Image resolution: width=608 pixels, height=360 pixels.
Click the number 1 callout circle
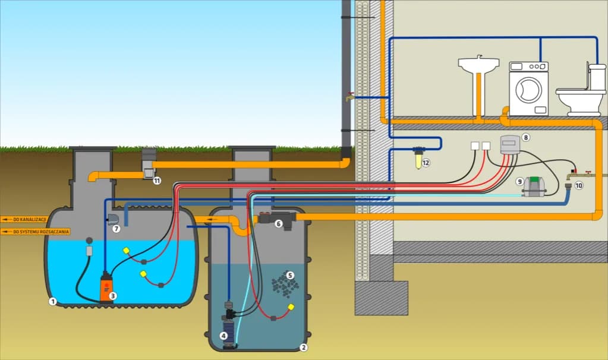point(52,301)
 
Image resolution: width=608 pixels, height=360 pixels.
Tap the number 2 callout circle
point(303,348)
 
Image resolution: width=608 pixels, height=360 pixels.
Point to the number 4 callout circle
point(223,336)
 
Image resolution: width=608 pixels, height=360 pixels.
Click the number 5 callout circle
point(289,275)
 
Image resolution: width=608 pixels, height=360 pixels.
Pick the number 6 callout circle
point(278,224)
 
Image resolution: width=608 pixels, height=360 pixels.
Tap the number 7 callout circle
point(116,228)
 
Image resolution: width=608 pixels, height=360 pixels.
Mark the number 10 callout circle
point(579,185)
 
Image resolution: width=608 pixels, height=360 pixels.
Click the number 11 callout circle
point(157,180)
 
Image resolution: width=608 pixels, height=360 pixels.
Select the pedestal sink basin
point(478,64)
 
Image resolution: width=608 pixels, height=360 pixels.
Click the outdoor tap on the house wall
point(350,95)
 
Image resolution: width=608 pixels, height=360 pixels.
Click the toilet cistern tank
point(597,75)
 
